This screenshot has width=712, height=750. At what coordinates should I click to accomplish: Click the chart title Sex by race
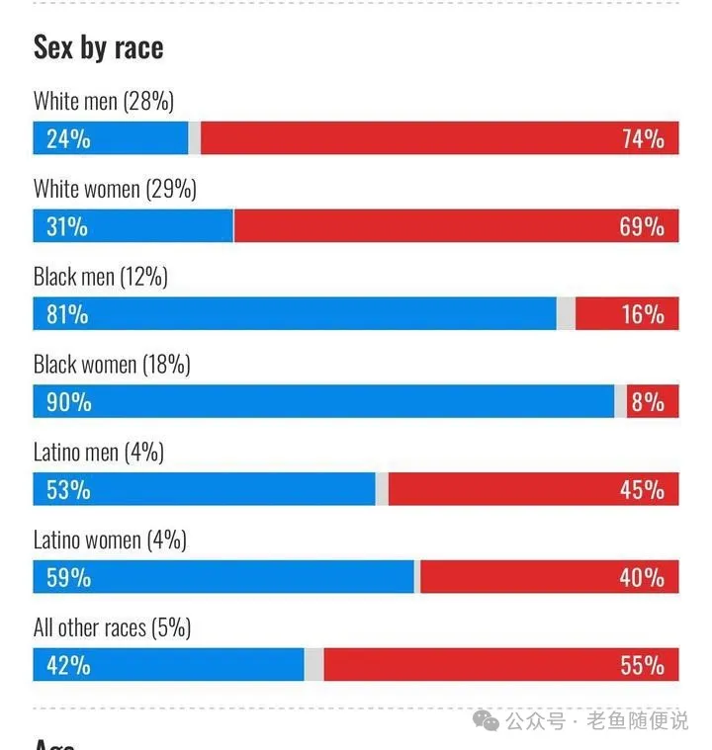pyautogui.click(x=98, y=47)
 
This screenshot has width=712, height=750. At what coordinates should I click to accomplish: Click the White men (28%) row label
pyautogui.click(x=104, y=101)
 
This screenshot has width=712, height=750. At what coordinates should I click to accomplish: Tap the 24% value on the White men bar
pyautogui.click(x=68, y=139)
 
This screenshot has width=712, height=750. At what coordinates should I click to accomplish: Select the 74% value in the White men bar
pyautogui.click(x=643, y=139)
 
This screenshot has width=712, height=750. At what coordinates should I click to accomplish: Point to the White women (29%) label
pyautogui.click(x=115, y=189)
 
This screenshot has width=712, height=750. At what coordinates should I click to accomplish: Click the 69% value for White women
pyautogui.click(x=643, y=226)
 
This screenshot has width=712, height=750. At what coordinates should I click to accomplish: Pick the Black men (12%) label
pyautogui.click(x=101, y=277)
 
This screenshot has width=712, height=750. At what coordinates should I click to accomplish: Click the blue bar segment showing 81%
pyautogui.click(x=297, y=314)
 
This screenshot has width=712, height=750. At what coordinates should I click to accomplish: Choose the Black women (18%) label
pyautogui.click(x=112, y=365)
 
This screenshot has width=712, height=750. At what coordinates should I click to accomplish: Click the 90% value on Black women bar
pyautogui.click(x=68, y=402)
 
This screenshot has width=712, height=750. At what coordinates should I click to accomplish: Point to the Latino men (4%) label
pyautogui.click(x=99, y=453)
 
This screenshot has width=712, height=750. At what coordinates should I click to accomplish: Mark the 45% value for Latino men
pyautogui.click(x=643, y=490)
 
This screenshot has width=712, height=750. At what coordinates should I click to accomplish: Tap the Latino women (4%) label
pyautogui.click(x=110, y=541)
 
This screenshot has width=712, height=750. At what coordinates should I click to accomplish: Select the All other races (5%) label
pyautogui.click(x=112, y=627)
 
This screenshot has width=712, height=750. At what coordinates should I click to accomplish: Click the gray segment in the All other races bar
pyautogui.click(x=314, y=665)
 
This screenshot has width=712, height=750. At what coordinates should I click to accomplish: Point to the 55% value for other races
pyautogui.click(x=643, y=665)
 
